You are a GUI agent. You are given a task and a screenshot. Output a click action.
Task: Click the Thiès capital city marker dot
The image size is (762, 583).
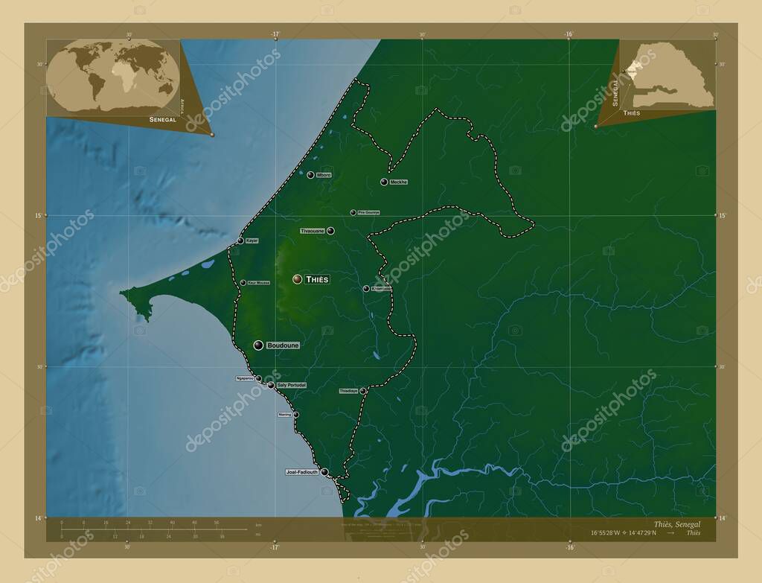click(x=297, y=278)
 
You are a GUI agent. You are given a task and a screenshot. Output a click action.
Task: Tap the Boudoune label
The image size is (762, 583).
click(x=283, y=345)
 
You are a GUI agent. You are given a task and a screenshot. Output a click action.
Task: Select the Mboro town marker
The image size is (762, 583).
click(x=310, y=175)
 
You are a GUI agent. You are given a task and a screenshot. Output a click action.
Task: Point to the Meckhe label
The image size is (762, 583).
click(x=399, y=182)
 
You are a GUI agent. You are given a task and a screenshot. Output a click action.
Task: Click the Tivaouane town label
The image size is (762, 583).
click(x=313, y=231)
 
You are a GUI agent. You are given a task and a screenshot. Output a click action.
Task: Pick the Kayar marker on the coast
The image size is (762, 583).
click(x=240, y=241)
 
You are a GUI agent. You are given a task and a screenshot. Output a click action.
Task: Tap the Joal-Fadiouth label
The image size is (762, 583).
click(x=301, y=472)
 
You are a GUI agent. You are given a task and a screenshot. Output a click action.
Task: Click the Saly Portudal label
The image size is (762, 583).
click(x=291, y=385)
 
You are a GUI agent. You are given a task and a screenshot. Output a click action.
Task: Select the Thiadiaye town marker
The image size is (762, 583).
click(x=363, y=391)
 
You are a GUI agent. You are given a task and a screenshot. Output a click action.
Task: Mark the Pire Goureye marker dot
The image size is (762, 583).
click(x=353, y=212)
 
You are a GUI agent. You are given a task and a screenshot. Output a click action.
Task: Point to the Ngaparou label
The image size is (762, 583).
click(x=245, y=378)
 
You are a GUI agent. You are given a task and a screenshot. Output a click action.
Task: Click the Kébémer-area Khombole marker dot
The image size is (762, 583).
click(x=365, y=289)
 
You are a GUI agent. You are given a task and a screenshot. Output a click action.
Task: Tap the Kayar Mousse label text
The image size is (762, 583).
click(x=259, y=283)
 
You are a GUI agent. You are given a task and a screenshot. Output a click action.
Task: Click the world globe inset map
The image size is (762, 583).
click(x=112, y=76)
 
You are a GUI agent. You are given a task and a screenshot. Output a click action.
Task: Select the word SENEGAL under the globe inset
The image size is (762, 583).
click(x=162, y=119)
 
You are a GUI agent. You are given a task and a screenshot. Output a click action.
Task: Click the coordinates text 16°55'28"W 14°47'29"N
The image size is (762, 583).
click(x=624, y=533)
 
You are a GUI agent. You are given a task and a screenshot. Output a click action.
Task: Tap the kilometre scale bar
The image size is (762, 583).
click(x=153, y=529)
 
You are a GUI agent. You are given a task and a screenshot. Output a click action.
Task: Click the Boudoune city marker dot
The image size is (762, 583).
click(x=258, y=345)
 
